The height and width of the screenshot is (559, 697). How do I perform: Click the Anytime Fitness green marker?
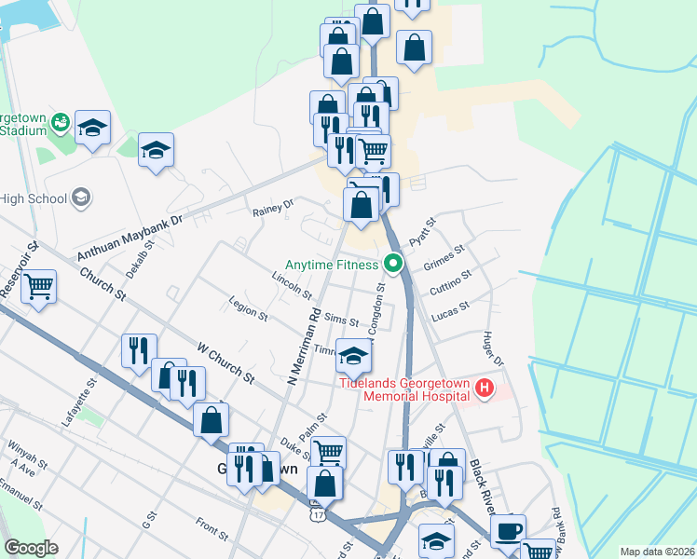[393, 265]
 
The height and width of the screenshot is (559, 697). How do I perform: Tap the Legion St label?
[248, 309]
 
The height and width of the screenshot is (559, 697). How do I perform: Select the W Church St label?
[225, 362]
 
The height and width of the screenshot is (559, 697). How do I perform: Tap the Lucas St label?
[449, 308]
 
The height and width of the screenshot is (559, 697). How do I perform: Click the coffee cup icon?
[508, 530]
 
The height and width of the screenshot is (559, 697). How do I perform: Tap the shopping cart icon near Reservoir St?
[38, 286]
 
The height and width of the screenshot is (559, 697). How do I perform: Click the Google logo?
[31, 548]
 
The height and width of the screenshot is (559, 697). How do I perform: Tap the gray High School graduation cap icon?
[81, 197]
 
